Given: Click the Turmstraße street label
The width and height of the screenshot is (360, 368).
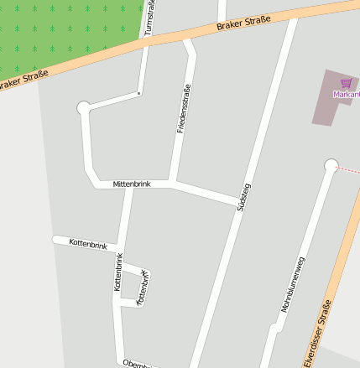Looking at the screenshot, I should point(150,18).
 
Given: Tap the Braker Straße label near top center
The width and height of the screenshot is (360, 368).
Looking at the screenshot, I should point(240,23).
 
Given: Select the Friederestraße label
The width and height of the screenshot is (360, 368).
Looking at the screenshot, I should point(183,109).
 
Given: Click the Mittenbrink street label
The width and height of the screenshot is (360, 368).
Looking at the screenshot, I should point(131,184).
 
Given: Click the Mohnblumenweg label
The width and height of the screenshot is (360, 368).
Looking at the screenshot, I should point(294,286).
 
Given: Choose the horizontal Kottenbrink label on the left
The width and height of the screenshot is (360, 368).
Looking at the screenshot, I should point(88,244).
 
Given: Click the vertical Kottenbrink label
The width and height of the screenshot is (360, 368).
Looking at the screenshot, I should point(118,272).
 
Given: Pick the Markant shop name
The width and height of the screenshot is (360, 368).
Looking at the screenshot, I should point(347,94).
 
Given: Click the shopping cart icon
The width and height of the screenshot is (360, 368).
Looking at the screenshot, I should point(346,83).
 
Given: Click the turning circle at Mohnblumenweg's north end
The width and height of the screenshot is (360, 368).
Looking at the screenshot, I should point(331,165).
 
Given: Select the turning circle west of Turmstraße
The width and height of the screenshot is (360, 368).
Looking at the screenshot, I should point(83,107).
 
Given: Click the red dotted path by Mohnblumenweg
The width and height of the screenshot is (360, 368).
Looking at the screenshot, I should point(348,170).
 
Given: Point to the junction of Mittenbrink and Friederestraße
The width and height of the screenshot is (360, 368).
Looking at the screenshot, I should point(172,182).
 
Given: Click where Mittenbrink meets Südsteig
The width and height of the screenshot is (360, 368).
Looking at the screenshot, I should point(237,202).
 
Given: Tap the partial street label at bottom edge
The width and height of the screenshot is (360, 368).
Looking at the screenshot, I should point(134,363).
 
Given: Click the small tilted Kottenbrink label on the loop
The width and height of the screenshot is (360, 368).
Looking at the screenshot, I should point(143,285).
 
